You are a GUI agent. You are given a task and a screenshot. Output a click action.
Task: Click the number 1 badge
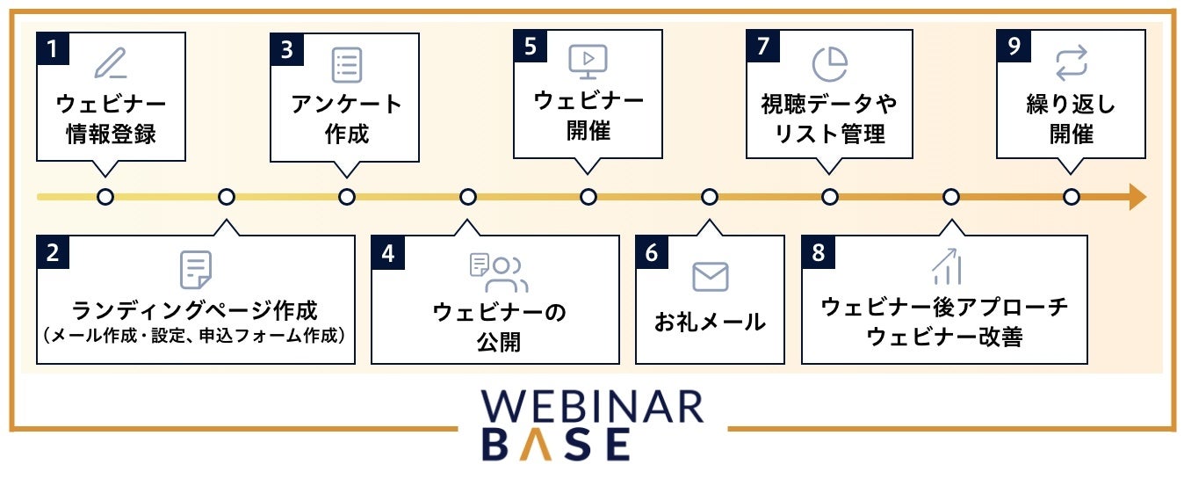[x=52, y=47]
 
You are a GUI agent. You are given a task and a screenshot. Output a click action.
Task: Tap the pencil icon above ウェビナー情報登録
[x=111, y=63]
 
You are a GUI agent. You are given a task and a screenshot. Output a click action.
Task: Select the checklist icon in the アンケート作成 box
[x=346, y=65]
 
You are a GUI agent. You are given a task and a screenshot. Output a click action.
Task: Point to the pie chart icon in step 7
[x=829, y=63]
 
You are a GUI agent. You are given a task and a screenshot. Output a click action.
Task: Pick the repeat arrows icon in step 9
[x=1071, y=64]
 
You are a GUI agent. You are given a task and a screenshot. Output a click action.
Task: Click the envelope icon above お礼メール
[x=710, y=276]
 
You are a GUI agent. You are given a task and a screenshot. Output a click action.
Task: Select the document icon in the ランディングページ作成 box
[x=195, y=270]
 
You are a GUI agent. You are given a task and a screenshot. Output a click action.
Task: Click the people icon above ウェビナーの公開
[x=499, y=272]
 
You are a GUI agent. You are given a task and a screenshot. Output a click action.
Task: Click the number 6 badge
[x=651, y=252]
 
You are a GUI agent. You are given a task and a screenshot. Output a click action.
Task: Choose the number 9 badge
[x=1014, y=47]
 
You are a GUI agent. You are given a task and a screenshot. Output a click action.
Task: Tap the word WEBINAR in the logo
[x=592, y=407]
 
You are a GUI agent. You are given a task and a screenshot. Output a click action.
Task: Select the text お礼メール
[x=710, y=323]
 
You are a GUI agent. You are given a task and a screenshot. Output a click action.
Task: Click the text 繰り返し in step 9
[x=1071, y=105]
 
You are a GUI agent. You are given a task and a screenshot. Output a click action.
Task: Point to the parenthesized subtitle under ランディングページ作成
[x=195, y=336]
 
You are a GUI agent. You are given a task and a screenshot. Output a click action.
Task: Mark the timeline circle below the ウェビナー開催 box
[x=588, y=197]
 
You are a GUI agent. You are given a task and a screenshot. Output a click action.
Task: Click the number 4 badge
[x=387, y=252]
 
